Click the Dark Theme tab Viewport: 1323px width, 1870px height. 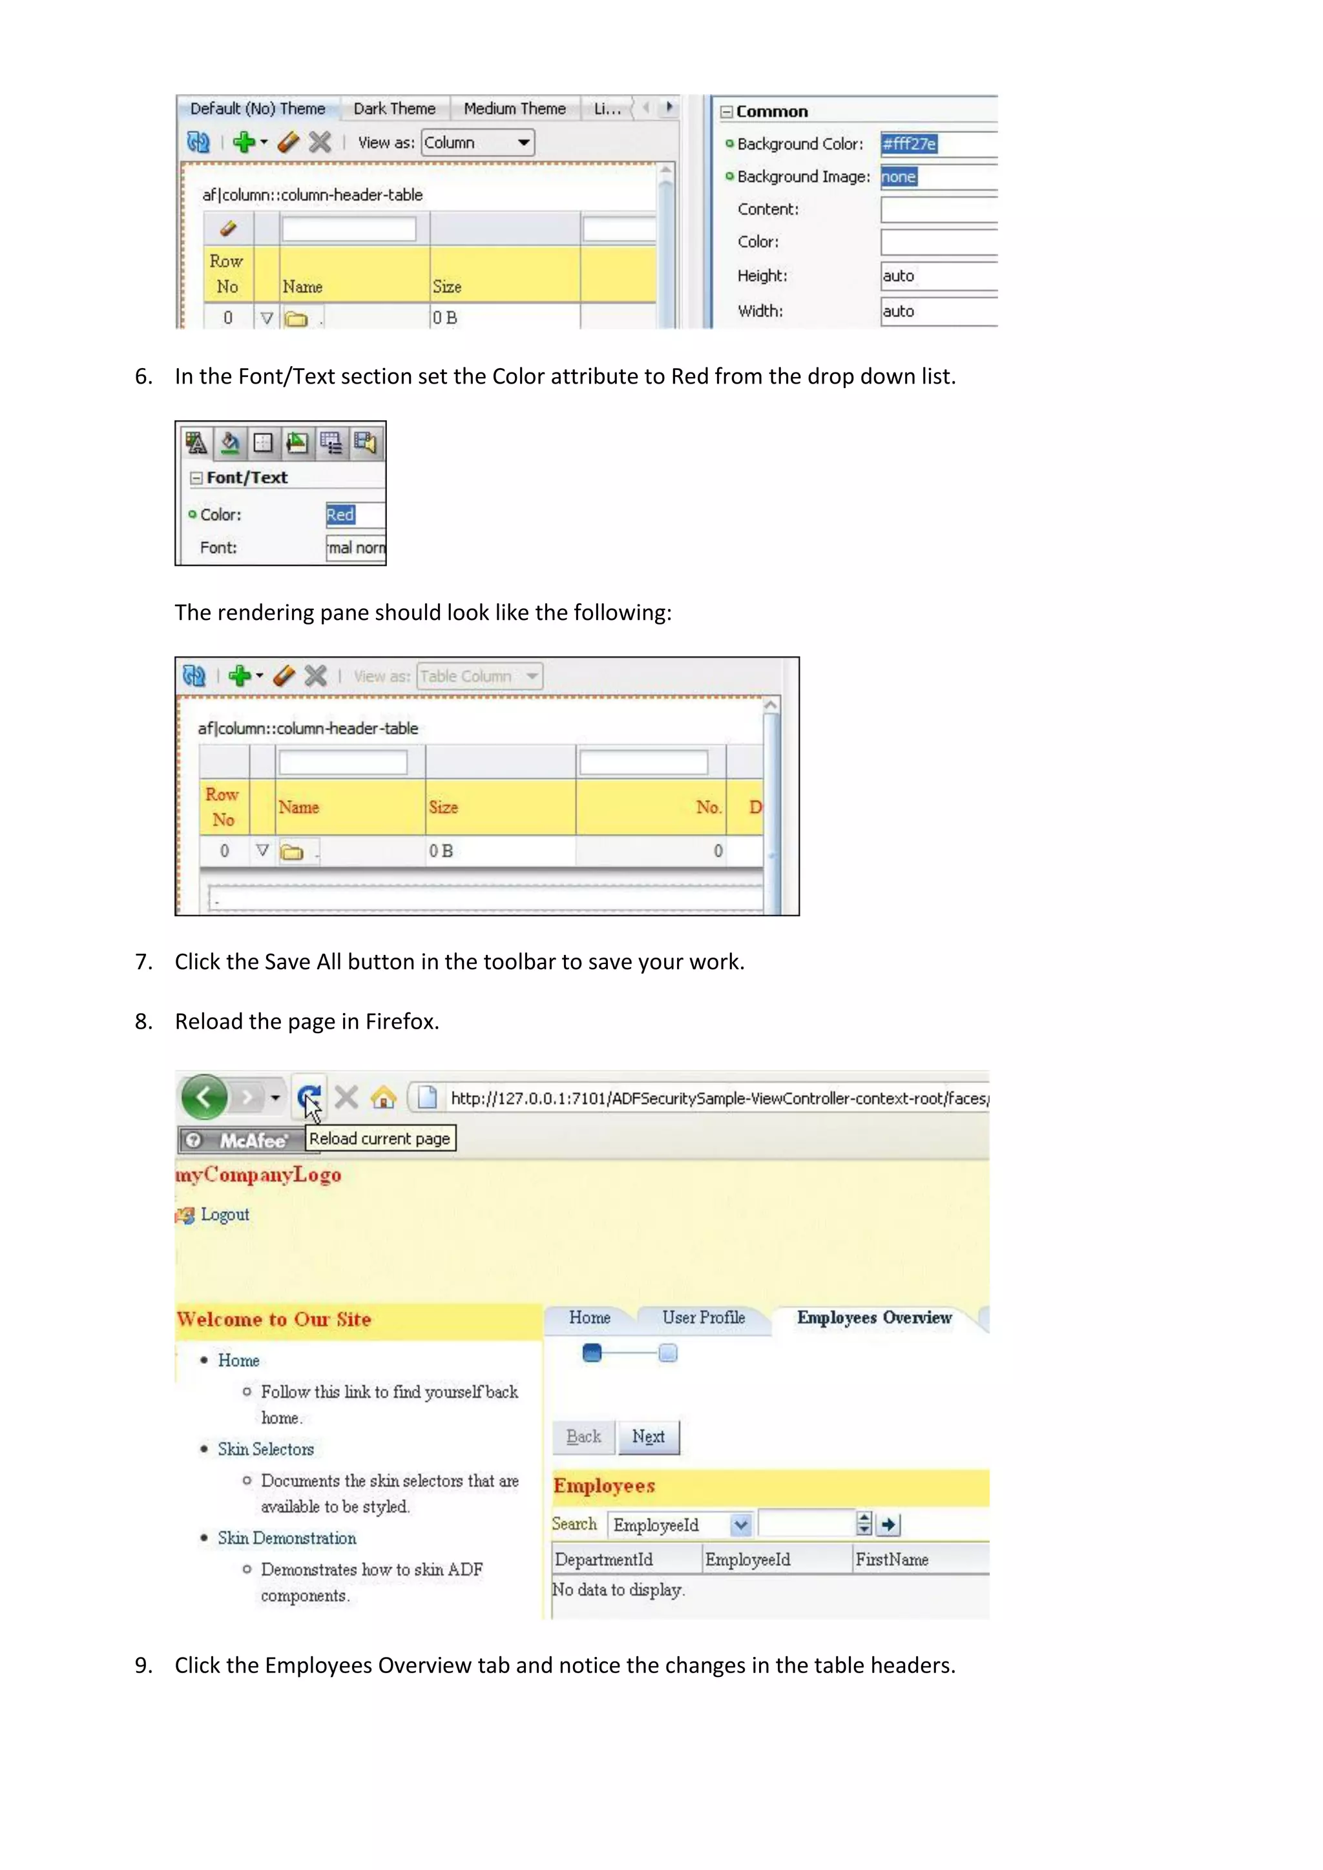(394, 108)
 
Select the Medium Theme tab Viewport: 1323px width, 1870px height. (514, 108)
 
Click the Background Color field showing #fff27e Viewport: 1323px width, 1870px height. (937, 144)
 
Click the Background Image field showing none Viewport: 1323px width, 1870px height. (937, 177)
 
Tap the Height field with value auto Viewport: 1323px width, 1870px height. (937, 275)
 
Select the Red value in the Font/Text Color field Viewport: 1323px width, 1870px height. (341, 515)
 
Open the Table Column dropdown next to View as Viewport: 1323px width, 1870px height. (480, 676)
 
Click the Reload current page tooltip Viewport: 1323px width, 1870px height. (380, 1138)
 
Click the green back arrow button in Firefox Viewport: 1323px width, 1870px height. (203, 1097)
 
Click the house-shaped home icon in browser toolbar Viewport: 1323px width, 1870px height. (384, 1098)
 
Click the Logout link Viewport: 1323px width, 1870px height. (224, 1215)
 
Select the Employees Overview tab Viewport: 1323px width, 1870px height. (873, 1318)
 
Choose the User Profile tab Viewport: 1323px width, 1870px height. (703, 1318)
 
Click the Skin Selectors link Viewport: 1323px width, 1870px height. (266, 1449)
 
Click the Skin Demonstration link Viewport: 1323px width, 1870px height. (287, 1537)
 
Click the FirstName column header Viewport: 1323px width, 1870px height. (892, 1559)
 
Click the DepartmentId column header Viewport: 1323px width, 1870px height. (603, 1559)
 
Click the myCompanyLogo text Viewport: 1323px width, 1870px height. (259, 1175)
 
